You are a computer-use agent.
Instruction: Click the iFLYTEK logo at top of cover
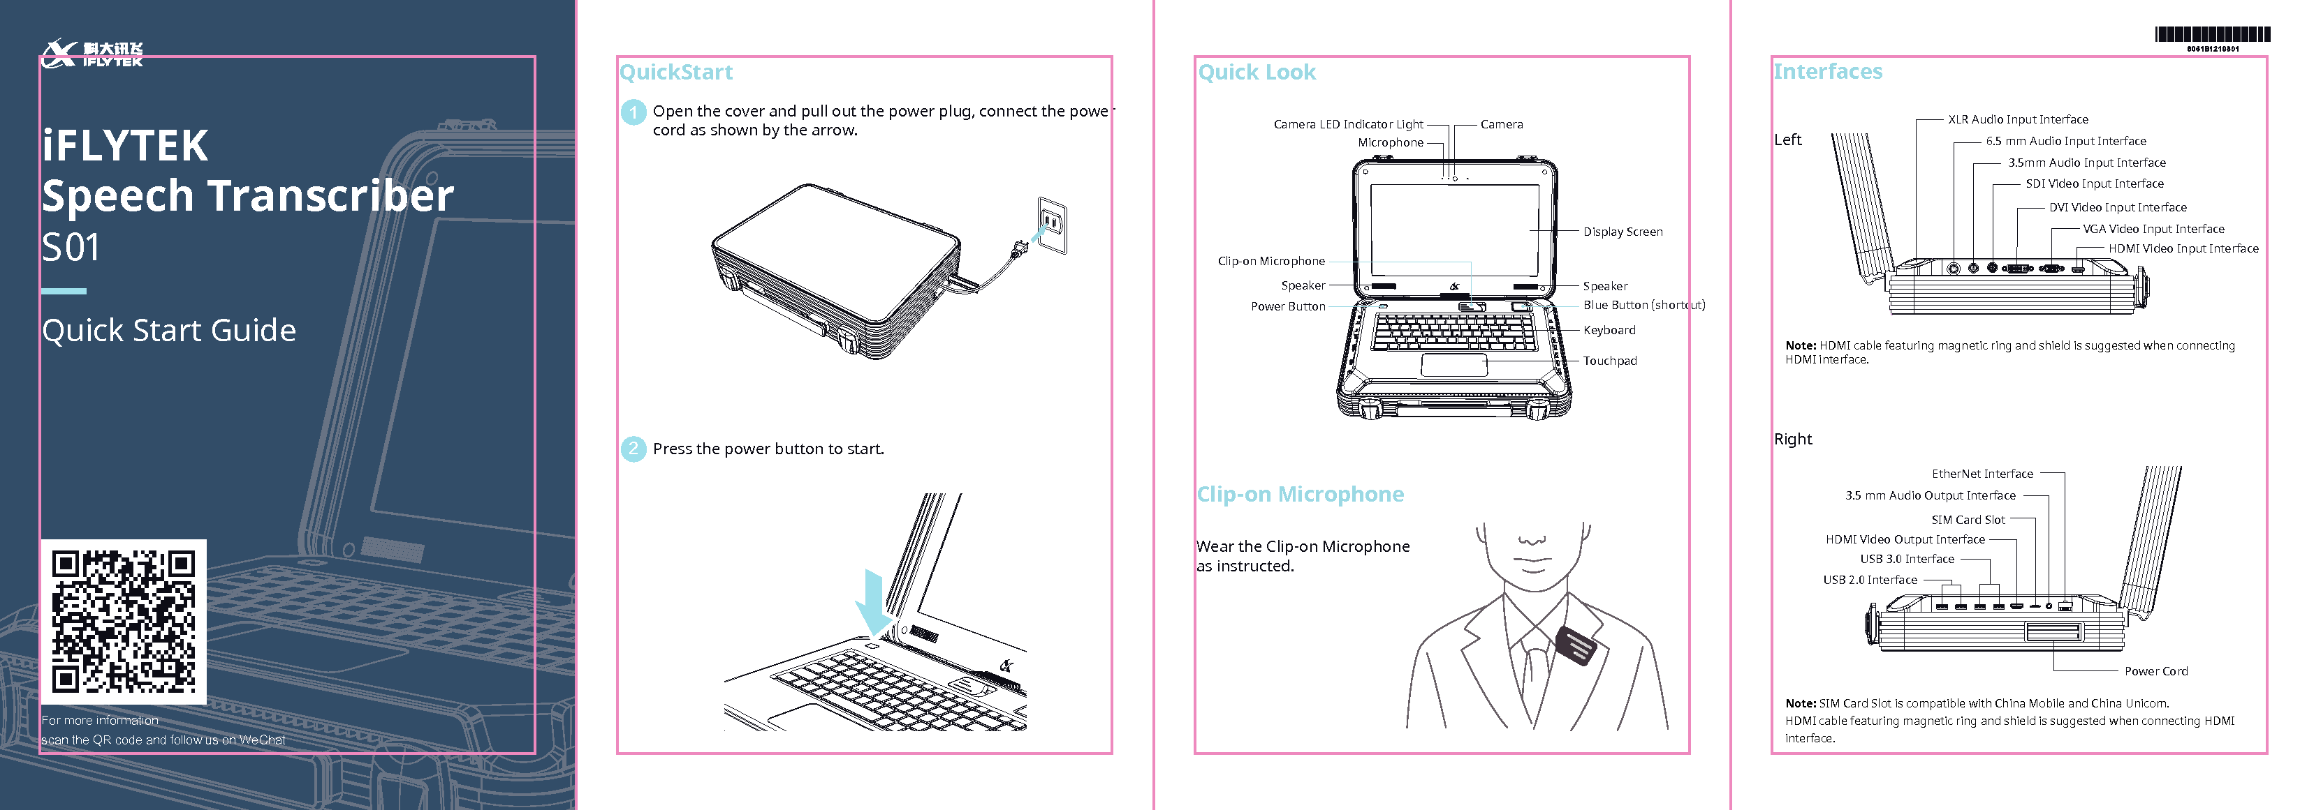[92, 54]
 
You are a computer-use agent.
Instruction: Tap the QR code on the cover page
[124, 622]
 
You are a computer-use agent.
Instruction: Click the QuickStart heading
[676, 73]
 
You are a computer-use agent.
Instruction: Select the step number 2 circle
[633, 449]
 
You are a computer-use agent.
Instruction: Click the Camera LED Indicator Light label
[1348, 124]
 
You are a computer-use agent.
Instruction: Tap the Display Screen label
[1622, 232]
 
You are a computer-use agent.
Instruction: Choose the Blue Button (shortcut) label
[1643, 305]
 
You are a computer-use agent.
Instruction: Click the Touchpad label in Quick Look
[1609, 361]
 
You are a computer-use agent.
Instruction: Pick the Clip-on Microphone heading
[1301, 494]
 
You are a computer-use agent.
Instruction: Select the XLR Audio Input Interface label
[2018, 120]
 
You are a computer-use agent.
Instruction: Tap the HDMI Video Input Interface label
[2183, 249]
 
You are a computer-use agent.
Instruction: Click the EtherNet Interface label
[1982, 474]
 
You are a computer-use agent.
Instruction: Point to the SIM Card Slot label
[1968, 520]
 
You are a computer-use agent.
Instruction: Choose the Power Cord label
[2155, 671]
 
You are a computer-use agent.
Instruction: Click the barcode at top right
[2212, 35]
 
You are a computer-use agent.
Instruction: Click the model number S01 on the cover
[71, 248]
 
